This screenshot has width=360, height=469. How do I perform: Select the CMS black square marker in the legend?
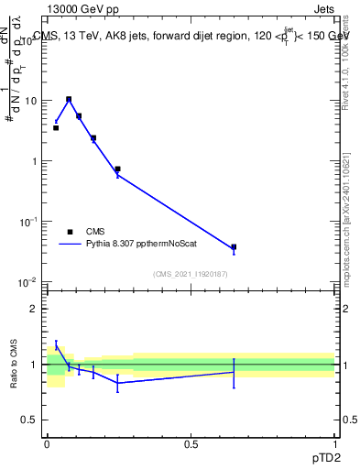[70, 232]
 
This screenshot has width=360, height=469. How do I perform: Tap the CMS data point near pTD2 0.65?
[234, 247]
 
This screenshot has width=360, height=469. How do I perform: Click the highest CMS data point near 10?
[69, 99]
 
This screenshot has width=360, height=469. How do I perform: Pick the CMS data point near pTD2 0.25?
[117, 169]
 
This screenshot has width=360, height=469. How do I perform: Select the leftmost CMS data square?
[56, 128]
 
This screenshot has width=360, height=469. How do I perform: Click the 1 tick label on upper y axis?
[35, 161]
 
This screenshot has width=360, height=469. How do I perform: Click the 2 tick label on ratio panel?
[35, 310]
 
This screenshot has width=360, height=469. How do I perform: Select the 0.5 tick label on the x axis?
[191, 444]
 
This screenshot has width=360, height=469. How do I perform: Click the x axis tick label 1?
[335, 444]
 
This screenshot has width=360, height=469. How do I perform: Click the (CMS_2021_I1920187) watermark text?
[191, 275]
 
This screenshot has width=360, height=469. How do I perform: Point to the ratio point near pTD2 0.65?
[234, 371]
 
